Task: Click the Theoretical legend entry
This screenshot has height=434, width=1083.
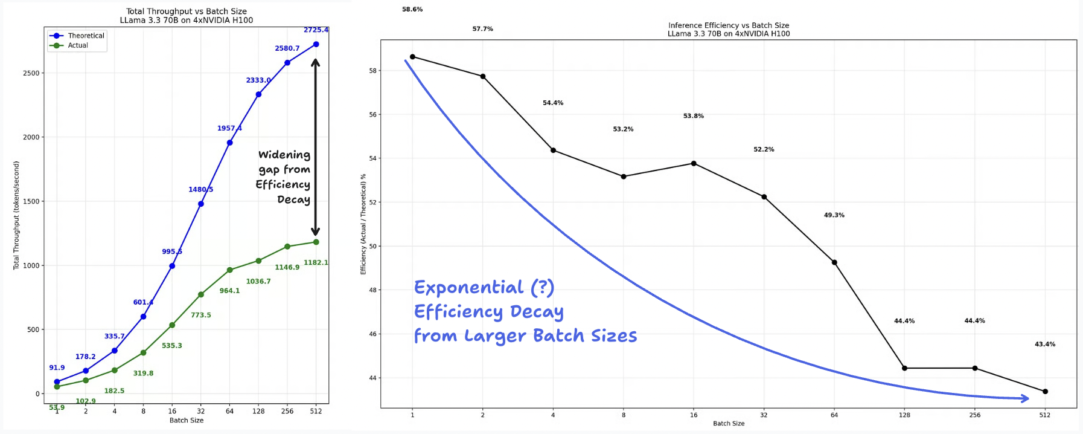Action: coord(86,36)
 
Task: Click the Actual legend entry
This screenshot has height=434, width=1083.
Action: coord(78,45)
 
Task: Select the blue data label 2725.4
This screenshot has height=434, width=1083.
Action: coord(316,30)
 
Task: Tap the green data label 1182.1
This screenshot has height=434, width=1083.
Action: coord(316,262)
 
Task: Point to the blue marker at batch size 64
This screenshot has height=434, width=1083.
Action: coord(229,143)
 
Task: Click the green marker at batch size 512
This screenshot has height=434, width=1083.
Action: coord(316,242)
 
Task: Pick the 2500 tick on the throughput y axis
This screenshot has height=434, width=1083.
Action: coord(31,73)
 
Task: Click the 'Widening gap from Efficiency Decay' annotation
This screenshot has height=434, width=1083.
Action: coord(283,177)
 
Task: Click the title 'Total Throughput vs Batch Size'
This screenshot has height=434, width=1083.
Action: coord(186,11)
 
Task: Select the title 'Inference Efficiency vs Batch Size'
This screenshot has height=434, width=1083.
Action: coord(729,25)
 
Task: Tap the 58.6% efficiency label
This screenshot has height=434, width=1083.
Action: coord(412,10)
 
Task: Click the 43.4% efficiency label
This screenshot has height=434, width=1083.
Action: coord(1045,345)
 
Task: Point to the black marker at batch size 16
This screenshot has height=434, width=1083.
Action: coord(694,163)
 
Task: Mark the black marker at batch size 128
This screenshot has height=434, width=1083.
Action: coord(904,368)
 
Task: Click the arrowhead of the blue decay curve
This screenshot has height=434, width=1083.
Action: coord(1025,398)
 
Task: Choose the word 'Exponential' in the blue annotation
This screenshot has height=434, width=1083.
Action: coord(468,288)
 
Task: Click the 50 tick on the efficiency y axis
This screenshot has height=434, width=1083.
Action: coord(372,247)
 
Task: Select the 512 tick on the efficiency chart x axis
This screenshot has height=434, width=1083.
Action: coord(1045,415)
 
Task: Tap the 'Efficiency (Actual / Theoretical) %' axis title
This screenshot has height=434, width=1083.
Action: coord(363,224)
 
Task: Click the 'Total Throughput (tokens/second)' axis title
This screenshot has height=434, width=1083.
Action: coord(16,215)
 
